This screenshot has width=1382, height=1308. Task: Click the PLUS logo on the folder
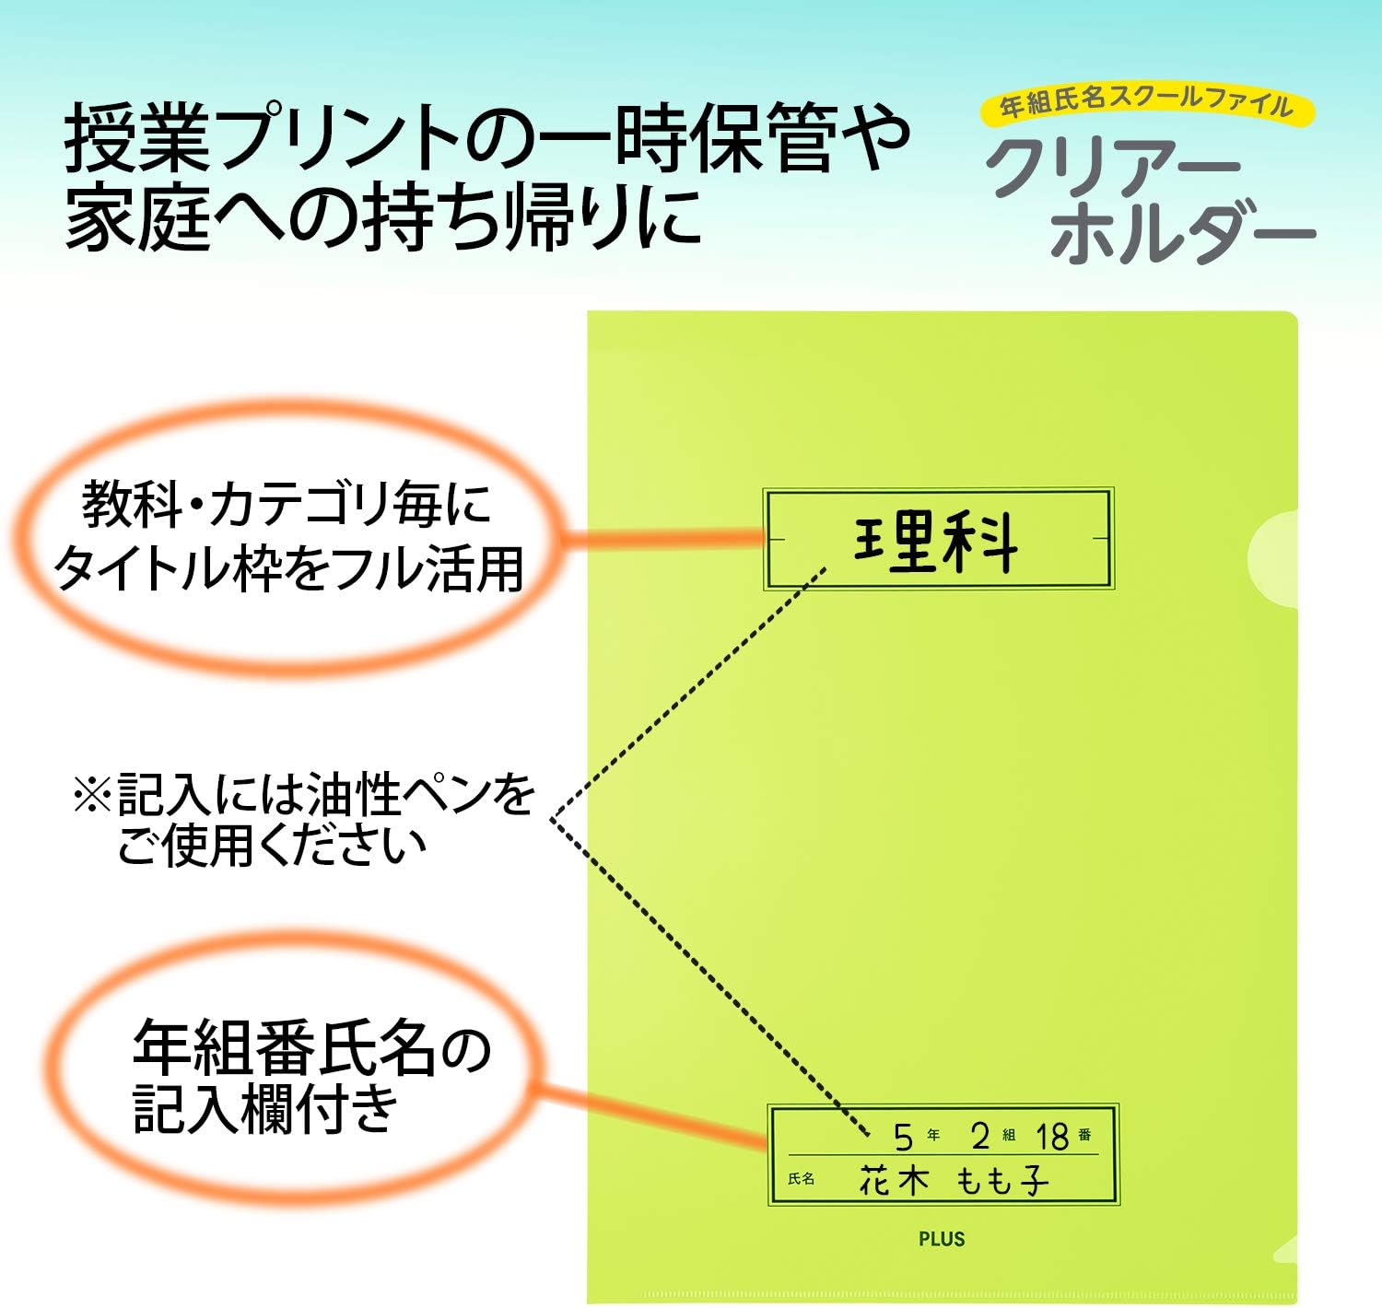[942, 1238]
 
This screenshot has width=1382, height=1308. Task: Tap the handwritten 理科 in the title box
[936, 541]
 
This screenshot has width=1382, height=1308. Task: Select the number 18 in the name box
[1052, 1137]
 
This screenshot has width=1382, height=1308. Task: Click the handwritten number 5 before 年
[903, 1138]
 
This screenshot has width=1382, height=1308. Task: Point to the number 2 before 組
[980, 1136]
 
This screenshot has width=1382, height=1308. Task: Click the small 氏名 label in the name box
[801, 1179]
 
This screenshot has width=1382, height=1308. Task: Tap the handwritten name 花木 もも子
[954, 1180]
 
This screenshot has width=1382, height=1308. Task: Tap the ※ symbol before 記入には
[93, 794]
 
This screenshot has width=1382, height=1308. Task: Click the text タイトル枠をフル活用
[289, 569]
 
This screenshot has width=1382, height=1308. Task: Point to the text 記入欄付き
[265, 1110]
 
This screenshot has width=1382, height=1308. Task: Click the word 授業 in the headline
[137, 137]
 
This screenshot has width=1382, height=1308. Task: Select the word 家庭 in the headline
[138, 216]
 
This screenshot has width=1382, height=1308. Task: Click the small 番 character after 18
[1084, 1135]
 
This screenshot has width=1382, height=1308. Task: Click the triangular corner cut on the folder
[1285, 1249]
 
